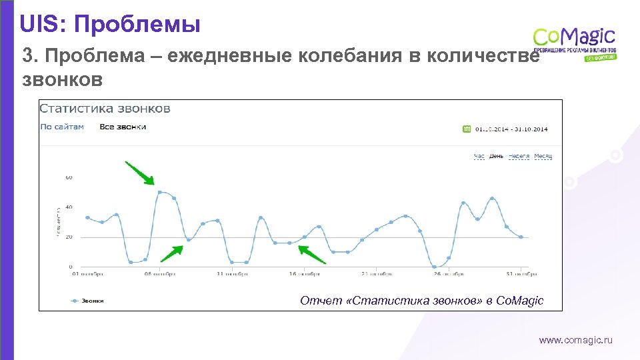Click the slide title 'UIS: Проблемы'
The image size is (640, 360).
coord(109,25)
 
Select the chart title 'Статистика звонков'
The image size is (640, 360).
coord(105,109)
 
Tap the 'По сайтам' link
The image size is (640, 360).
coord(62,127)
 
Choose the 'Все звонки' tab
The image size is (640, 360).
coord(123,127)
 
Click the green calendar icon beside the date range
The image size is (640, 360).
coord(467,129)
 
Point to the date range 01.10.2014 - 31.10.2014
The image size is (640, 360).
coord(512,129)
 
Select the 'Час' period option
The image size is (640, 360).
coord(479,156)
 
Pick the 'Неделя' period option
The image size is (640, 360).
coord(519,156)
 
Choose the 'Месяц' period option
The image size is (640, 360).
coord(543,156)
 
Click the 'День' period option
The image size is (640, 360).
coord(497,156)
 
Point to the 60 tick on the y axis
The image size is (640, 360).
coord(69,178)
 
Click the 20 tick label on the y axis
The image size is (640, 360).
coord(69,237)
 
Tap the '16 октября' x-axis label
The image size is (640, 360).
coord(304,273)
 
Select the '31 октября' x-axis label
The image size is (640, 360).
coord(521,273)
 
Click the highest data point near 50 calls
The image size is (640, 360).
coord(159,192)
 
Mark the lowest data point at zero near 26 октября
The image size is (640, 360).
coord(434,267)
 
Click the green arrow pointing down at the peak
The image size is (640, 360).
coord(141,173)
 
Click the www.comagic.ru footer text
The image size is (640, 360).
coord(575,341)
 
